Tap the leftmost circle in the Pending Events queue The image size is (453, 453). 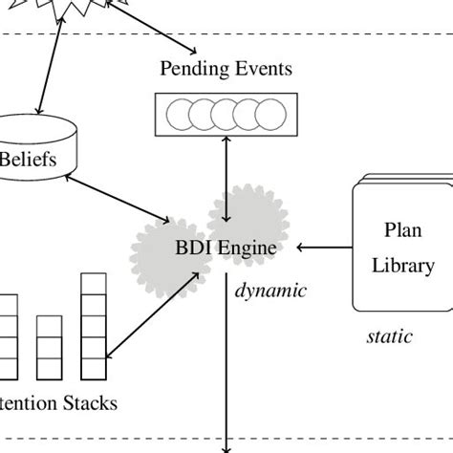(180, 115)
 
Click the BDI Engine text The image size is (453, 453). (226, 248)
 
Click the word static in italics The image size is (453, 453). (389, 336)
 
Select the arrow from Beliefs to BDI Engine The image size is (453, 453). (124, 195)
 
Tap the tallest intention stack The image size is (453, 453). (92, 325)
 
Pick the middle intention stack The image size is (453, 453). (49, 348)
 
